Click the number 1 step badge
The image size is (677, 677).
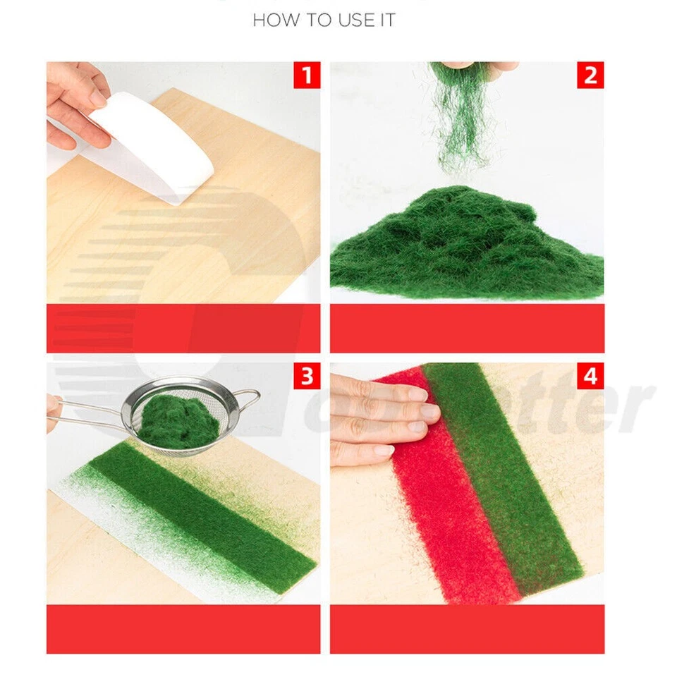pos(307,75)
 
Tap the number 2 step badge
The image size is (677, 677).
pos(590,75)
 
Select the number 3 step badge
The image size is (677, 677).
pos(307,377)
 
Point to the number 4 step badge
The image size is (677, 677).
pos(590,377)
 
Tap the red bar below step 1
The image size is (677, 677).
pos(183,328)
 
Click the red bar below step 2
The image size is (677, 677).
pos(467,328)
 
